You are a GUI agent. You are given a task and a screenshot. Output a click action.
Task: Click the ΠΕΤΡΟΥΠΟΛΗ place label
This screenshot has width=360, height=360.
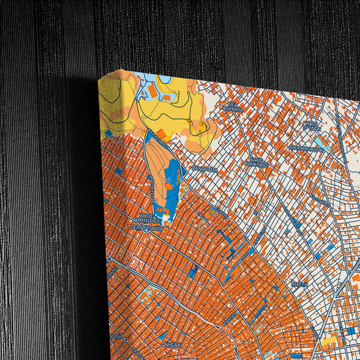coord(147,228)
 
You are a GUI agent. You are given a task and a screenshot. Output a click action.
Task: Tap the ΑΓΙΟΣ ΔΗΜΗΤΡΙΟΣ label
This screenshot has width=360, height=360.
coord(147,220)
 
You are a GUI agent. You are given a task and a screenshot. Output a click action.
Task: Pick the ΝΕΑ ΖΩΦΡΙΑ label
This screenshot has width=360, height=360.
coord(234,109)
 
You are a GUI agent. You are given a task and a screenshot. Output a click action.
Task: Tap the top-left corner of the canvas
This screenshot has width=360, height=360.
coord(101,78)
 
